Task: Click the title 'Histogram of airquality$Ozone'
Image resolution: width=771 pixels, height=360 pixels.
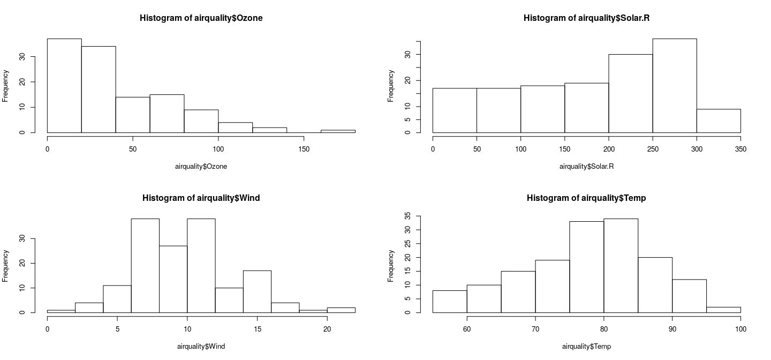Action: tap(201, 18)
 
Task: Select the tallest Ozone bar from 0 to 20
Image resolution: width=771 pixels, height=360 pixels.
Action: tap(64, 86)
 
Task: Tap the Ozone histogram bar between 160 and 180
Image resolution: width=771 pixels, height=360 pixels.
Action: tap(338, 131)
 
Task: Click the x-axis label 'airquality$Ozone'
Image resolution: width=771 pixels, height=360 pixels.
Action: tap(201, 167)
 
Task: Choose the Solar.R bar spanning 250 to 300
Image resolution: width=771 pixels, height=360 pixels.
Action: tap(674, 86)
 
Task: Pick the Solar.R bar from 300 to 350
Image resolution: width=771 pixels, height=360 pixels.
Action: tap(719, 121)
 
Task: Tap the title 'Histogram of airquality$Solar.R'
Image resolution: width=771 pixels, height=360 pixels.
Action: tap(586, 18)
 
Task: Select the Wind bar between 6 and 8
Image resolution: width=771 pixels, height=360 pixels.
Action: tap(145, 265)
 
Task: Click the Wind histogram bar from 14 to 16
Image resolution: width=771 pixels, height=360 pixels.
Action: tap(257, 291)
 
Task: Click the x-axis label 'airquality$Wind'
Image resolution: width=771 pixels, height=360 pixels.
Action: tap(201, 347)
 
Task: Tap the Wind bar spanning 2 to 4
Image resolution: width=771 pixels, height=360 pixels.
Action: tap(89, 307)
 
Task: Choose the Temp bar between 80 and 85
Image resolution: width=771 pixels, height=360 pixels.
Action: tap(621, 265)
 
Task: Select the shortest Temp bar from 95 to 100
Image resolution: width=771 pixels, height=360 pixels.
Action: tap(723, 310)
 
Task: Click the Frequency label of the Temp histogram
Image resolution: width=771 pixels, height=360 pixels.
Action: tap(391, 266)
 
